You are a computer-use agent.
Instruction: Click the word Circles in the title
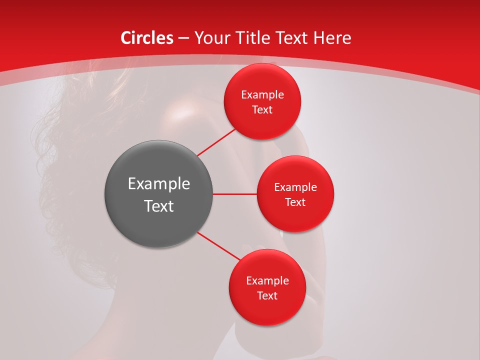pos(147,38)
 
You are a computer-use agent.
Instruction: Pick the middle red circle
pos(295,220)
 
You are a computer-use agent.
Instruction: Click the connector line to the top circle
pos(217,142)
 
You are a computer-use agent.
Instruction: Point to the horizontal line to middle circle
pos(234,193)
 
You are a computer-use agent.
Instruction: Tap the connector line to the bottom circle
pos(219,246)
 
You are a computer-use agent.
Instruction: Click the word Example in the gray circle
pos(159,184)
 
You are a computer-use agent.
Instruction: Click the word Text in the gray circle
pos(159,206)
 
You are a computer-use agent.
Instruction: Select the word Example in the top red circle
pos(262,95)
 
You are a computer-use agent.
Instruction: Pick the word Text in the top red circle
pos(262,110)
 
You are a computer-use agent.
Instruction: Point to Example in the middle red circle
pos(295,187)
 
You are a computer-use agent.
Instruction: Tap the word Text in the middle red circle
pos(295,202)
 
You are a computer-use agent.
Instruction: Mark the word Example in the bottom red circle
pos(267,281)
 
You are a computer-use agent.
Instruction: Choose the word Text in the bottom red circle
pos(267,296)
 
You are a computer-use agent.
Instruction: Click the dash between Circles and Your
pos(183,38)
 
